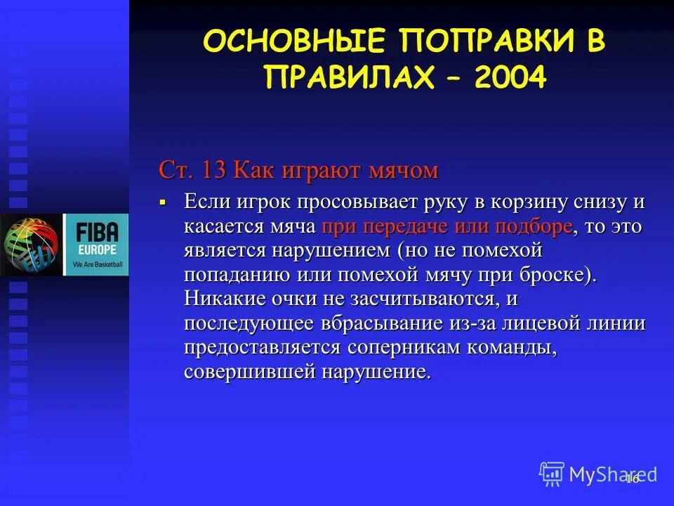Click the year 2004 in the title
pos(510,78)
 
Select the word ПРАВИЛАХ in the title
pos(347,78)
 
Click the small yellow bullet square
pos(163,202)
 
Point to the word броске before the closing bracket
pos(553,274)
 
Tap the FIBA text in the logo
pos(96,231)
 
